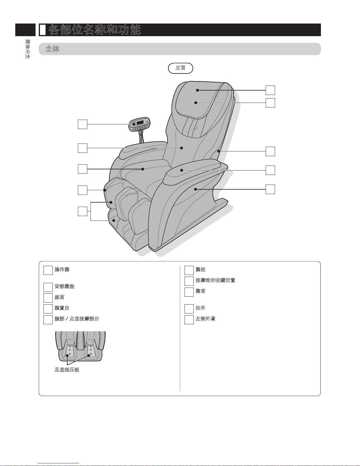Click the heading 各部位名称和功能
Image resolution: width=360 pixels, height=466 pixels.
(x=95, y=30)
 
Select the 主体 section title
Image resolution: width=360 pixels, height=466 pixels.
(x=53, y=49)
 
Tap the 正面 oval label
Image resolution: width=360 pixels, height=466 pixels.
(x=180, y=68)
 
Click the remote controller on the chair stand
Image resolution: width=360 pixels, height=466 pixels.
(x=140, y=124)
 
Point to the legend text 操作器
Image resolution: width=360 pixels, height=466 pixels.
(x=62, y=269)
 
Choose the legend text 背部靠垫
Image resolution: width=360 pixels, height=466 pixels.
(x=64, y=286)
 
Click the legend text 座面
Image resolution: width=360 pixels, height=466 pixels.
(x=59, y=297)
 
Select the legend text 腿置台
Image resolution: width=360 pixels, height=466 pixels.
(x=62, y=308)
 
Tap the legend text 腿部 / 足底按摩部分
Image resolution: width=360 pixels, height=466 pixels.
(x=77, y=318)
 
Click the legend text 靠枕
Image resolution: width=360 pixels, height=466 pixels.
(x=200, y=269)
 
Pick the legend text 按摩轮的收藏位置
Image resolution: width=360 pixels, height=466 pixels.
(x=215, y=280)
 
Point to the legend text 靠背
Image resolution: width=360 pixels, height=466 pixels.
(x=200, y=291)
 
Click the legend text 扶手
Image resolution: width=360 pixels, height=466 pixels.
(x=200, y=308)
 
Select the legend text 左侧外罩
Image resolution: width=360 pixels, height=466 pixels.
(x=205, y=318)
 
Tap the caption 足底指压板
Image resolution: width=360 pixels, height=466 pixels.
(x=67, y=370)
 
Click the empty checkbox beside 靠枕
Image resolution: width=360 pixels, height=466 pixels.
(x=189, y=270)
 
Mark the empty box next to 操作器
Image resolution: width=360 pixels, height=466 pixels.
(x=48, y=270)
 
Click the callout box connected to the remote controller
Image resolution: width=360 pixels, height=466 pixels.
(x=83, y=124)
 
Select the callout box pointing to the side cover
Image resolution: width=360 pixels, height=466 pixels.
(x=270, y=189)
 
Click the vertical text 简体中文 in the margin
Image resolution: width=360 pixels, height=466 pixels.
(x=28, y=49)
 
